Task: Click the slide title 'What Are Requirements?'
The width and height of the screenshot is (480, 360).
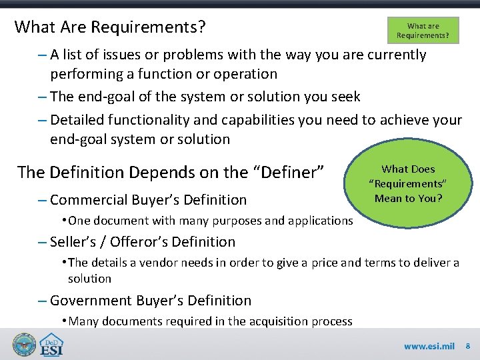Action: [110, 27]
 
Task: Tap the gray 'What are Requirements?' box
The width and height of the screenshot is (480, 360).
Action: [423, 31]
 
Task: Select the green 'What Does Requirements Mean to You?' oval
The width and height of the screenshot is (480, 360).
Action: [408, 183]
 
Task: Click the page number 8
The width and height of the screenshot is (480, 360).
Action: [467, 346]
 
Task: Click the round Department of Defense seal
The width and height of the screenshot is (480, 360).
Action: [24, 345]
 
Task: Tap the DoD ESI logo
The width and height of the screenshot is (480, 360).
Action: [53, 345]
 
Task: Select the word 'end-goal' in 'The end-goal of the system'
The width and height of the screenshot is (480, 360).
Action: [105, 96]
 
